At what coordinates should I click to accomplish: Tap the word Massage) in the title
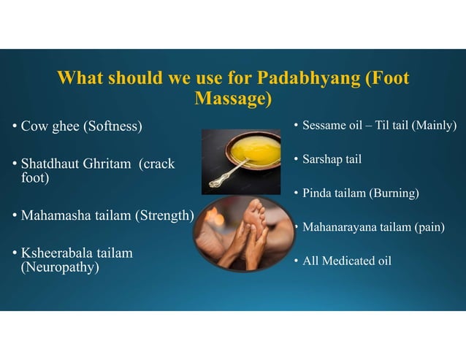233,98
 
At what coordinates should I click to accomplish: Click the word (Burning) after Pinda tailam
394,193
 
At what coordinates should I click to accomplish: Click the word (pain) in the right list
429,227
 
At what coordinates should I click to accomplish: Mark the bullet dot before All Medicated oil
296,261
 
